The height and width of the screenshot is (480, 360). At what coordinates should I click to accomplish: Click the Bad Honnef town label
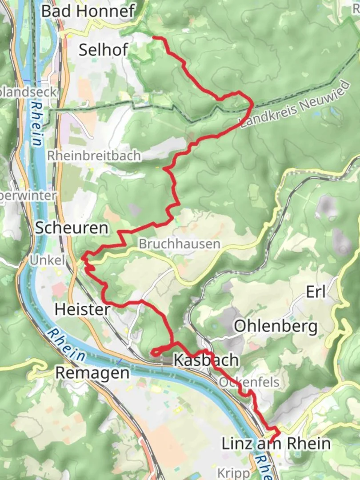(88, 12)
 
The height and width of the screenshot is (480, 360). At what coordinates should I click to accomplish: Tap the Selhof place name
(103, 50)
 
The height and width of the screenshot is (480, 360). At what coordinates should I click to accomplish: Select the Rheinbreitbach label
(94, 156)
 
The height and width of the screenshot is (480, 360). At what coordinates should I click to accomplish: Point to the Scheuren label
(72, 228)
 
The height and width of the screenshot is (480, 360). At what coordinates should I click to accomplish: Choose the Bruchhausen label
(179, 244)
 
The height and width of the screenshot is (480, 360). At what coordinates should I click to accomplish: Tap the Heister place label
(82, 309)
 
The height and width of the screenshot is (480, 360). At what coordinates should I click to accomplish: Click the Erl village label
(316, 292)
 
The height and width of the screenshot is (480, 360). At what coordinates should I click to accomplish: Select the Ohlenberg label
(276, 327)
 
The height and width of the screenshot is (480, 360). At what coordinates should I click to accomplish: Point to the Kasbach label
(206, 360)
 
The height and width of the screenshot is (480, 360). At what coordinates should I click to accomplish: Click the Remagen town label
(92, 373)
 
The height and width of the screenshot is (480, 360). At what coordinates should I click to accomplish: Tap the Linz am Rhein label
(276, 444)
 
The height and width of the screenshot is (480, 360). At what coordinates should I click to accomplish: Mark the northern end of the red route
(154, 38)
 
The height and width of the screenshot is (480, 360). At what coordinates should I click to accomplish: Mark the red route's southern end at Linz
(271, 441)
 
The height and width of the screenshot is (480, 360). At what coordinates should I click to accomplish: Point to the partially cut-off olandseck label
(29, 92)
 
